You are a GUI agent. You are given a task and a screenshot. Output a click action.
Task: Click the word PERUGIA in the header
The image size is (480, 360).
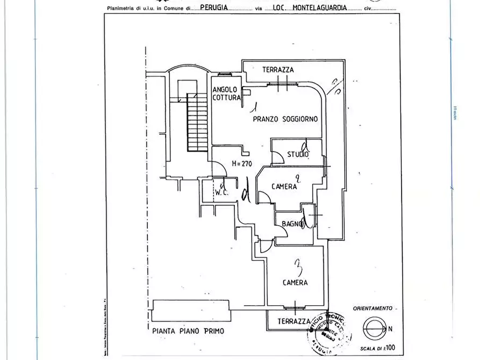point(213,9)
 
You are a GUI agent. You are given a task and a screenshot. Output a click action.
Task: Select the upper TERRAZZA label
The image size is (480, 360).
point(278,70)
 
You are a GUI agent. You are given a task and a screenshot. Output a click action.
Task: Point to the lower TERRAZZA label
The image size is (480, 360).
point(293,321)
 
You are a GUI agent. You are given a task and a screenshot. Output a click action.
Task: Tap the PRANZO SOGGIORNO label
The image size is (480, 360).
point(285,119)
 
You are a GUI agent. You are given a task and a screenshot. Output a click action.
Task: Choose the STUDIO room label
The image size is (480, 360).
point(298,155)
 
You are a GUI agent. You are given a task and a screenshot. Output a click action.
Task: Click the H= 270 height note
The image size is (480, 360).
point(241,163)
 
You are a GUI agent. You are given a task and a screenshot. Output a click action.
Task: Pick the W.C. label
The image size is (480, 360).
point(222,192)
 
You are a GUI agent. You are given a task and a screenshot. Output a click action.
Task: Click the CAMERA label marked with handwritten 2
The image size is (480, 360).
point(284,186)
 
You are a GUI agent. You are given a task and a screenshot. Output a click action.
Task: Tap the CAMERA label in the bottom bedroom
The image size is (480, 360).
point(295,282)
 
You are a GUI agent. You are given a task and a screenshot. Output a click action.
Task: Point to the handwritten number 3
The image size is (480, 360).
point(297,265)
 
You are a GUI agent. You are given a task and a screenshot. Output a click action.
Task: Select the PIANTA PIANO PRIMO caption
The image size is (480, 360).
point(188,331)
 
